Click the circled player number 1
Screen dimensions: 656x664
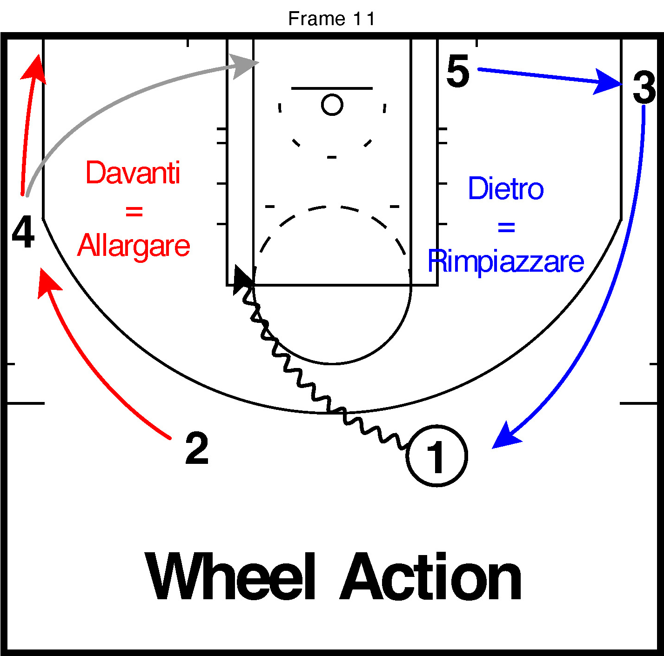click(436, 456)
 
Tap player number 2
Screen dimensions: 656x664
click(197, 448)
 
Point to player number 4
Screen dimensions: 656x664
click(23, 233)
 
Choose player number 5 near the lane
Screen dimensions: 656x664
click(458, 71)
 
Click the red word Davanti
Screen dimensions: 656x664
click(133, 173)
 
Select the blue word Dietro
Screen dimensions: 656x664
click(506, 189)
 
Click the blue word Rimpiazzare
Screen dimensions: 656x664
click(506, 261)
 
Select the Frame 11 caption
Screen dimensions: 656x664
click(331, 19)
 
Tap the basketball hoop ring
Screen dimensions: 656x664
click(332, 105)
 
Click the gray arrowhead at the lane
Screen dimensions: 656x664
click(245, 65)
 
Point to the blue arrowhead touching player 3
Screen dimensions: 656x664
click(608, 82)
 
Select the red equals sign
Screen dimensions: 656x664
click(134, 212)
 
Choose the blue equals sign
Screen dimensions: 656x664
click(506, 228)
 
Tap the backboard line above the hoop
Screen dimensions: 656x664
click(332, 88)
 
